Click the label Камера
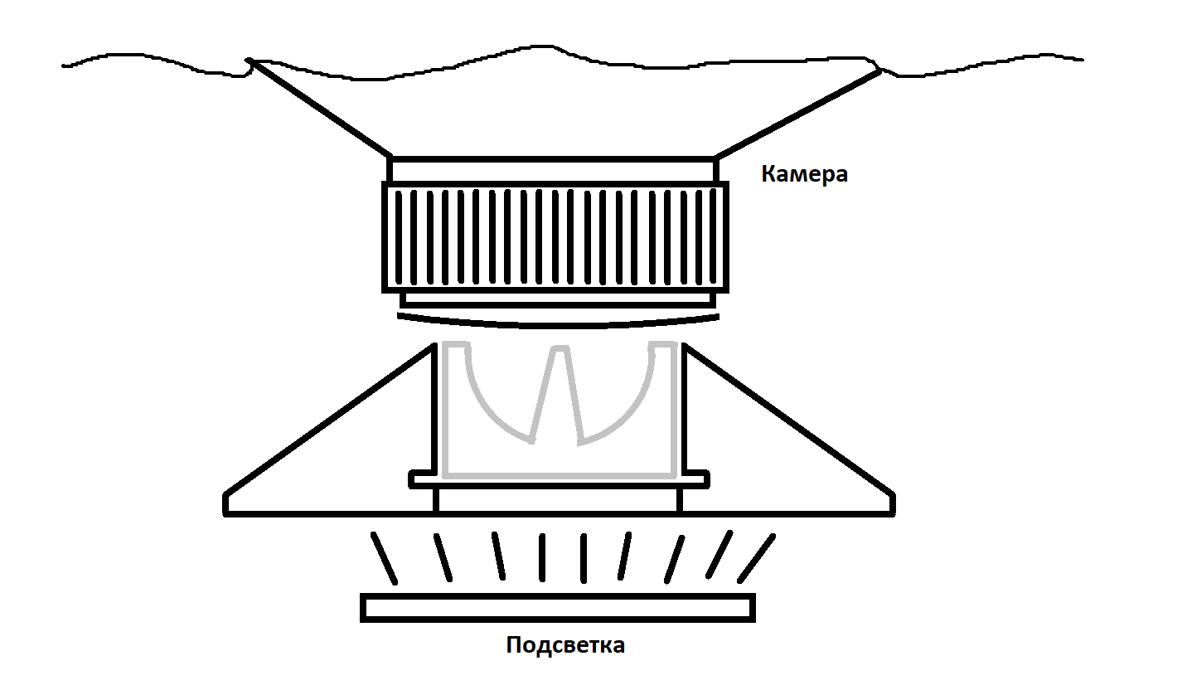pos(804,175)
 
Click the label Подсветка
pos(565,645)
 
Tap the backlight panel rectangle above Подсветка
pos(558,607)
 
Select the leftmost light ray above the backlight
pos(384,558)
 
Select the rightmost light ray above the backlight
pos(755,558)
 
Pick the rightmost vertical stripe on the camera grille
pos(714,236)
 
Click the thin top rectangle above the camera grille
pos(551,170)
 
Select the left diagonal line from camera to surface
pos(319,108)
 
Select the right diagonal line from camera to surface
pos(796,114)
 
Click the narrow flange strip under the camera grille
pos(558,299)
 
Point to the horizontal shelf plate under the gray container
pos(560,479)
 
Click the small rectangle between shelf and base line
pos(557,500)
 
